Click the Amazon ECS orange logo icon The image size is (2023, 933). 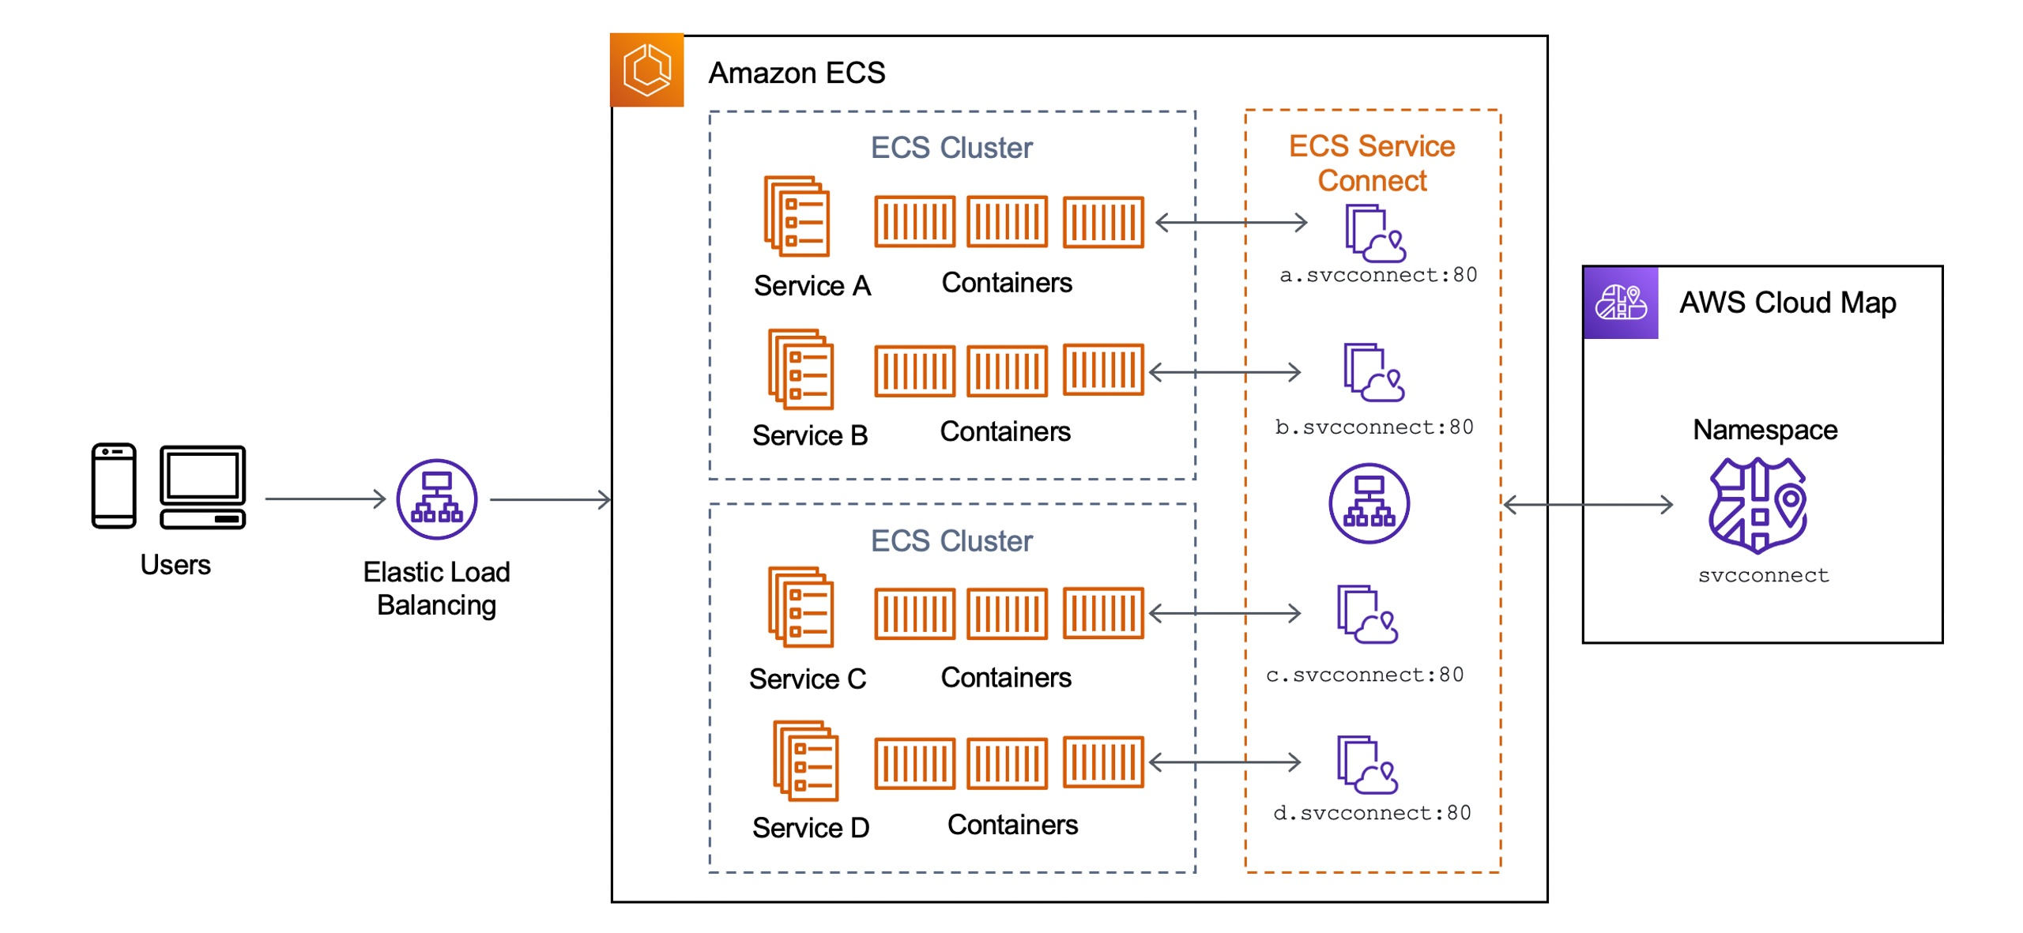coord(646,70)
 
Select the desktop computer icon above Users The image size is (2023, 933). coord(202,485)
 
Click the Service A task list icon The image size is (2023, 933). coord(796,216)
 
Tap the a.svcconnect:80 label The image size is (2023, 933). coord(1377,274)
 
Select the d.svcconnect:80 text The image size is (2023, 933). coord(1371,812)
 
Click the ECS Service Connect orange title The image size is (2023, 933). coord(1371,163)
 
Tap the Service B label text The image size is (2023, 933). coord(809,435)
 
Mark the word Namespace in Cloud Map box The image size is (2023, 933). coord(1764,429)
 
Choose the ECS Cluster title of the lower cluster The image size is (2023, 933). coord(951,540)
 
